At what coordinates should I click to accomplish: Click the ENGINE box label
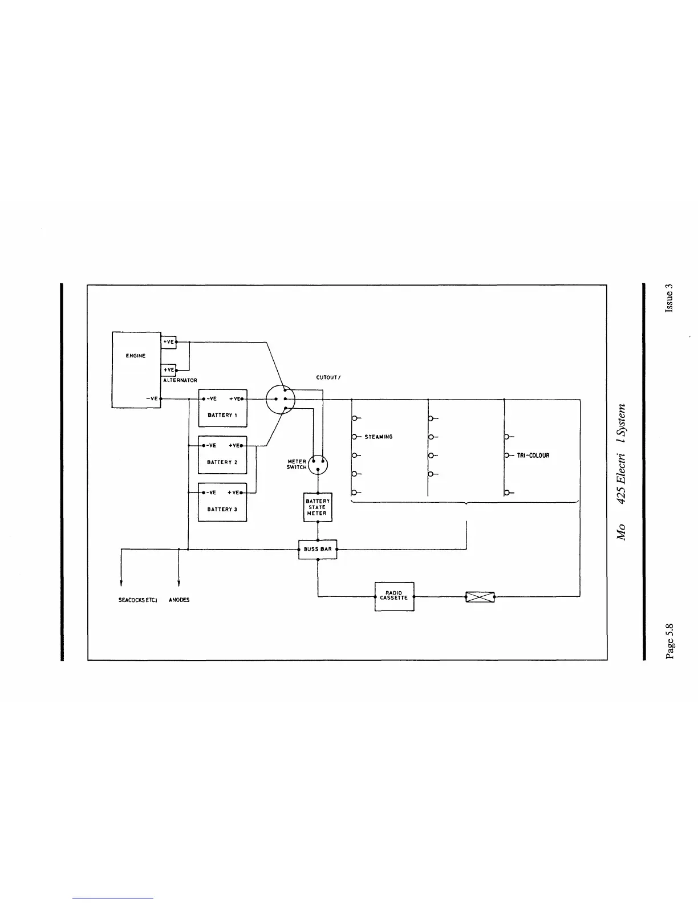pos(136,356)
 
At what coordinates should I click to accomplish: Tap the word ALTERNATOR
pos(180,380)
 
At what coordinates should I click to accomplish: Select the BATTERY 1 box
pos(222,408)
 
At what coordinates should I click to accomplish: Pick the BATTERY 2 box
pos(222,455)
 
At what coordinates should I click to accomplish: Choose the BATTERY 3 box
pos(222,502)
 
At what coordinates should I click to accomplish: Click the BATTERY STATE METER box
pos(318,507)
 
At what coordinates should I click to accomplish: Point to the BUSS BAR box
pos(318,550)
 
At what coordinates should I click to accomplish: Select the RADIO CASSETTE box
pos(394,596)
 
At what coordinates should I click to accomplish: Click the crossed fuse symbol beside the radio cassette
pos(480,597)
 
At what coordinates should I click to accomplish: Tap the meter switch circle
pos(318,465)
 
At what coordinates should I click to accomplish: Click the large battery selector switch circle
pos(281,398)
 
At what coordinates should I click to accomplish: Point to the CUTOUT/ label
pos(328,377)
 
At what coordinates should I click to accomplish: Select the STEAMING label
pos(379,437)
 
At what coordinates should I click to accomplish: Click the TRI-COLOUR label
pos(533,456)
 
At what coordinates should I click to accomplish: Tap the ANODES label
pos(179,600)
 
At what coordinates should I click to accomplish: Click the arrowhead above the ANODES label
pos(179,583)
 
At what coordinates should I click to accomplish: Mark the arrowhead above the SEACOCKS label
pos(121,583)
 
